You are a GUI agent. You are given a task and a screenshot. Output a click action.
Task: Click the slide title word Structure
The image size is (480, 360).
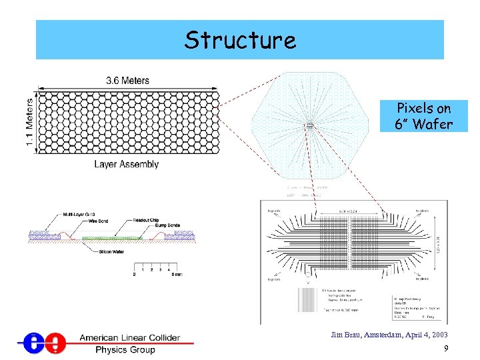pos(240,40)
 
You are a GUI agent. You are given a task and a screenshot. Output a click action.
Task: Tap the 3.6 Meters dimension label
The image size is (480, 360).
pos(127,81)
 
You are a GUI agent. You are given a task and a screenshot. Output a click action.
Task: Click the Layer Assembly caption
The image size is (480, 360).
pos(126,164)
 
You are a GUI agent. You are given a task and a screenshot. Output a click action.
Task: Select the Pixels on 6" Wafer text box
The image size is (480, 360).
pos(423,116)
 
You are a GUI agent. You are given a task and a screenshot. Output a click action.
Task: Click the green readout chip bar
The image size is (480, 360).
pos(111,237)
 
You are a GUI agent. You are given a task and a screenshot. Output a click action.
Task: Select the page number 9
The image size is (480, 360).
pos(445,349)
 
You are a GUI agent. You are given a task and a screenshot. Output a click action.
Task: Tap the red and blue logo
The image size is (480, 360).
pos(42,343)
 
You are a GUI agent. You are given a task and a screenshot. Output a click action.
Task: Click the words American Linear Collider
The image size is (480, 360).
pos(129,337)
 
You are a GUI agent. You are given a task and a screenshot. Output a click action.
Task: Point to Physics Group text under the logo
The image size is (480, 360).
pos(125,349)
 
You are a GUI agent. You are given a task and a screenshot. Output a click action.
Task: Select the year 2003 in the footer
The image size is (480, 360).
pos(438,335)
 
